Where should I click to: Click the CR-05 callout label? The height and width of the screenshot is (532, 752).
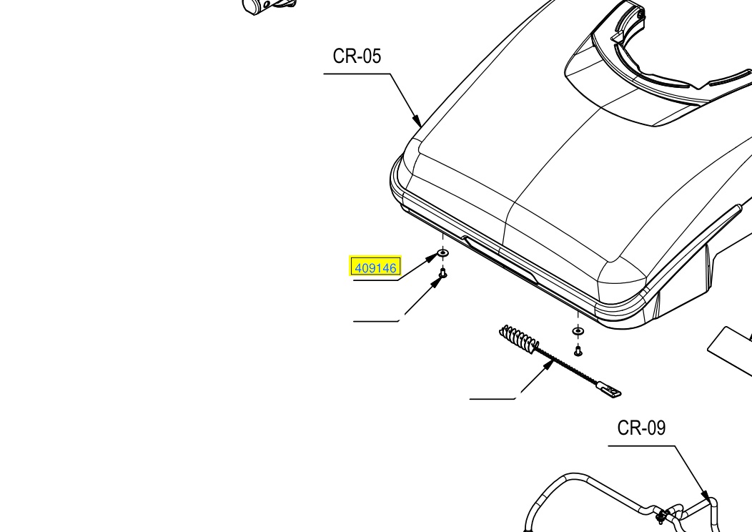(357, 56)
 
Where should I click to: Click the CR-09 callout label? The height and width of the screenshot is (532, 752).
(641, 428)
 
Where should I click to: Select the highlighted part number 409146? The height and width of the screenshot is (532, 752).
(375, 267)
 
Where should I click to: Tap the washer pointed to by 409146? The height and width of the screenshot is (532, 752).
(442, 253)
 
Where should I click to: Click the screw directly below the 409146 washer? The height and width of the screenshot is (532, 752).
(442, 274)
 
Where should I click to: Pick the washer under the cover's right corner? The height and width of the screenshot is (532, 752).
(578, 330)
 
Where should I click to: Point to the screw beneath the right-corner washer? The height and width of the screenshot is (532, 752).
(578, 351)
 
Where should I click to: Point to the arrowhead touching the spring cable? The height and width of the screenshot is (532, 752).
(548, 365)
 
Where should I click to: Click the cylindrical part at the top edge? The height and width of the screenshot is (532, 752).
(270, 6)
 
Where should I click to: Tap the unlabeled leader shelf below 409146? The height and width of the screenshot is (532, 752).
(376, 321)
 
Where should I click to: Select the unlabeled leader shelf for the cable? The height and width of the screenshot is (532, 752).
(493, 398)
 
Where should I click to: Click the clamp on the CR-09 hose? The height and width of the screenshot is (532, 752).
(662, 515)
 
